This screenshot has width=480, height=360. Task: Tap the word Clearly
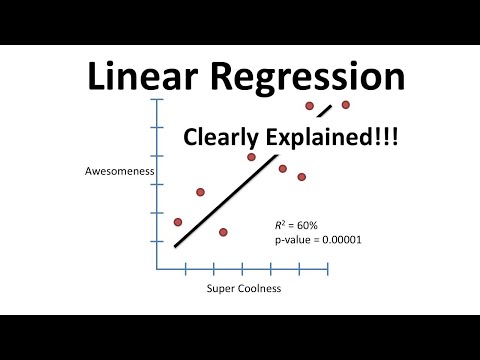tap(221, 138)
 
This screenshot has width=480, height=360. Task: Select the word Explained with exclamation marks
tap(332, 137)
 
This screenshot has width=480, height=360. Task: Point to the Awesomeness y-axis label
tap(120, 171)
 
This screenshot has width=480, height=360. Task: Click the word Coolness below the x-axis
tap(261, 288)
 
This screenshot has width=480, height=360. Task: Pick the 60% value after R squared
tap(307, 226)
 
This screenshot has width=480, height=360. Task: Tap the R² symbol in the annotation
tap(280, 225)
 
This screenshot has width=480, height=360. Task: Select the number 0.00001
tap(342, 240)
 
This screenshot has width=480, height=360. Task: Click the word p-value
tap(293, 240)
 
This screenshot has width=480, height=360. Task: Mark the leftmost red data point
tap(178, 222)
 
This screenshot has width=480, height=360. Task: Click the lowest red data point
tap(223, 232)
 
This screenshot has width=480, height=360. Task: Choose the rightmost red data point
tap(346, 105)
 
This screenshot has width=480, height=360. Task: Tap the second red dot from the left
tap(200, 192)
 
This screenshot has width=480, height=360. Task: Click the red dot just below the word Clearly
tap(251, 157)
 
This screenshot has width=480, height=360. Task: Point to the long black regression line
tap(226, 201)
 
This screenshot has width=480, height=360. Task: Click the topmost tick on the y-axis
tap(157, 99)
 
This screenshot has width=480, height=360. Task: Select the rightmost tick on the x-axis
tap(328, 269)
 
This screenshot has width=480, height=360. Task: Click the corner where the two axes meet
tap(157, 269)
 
